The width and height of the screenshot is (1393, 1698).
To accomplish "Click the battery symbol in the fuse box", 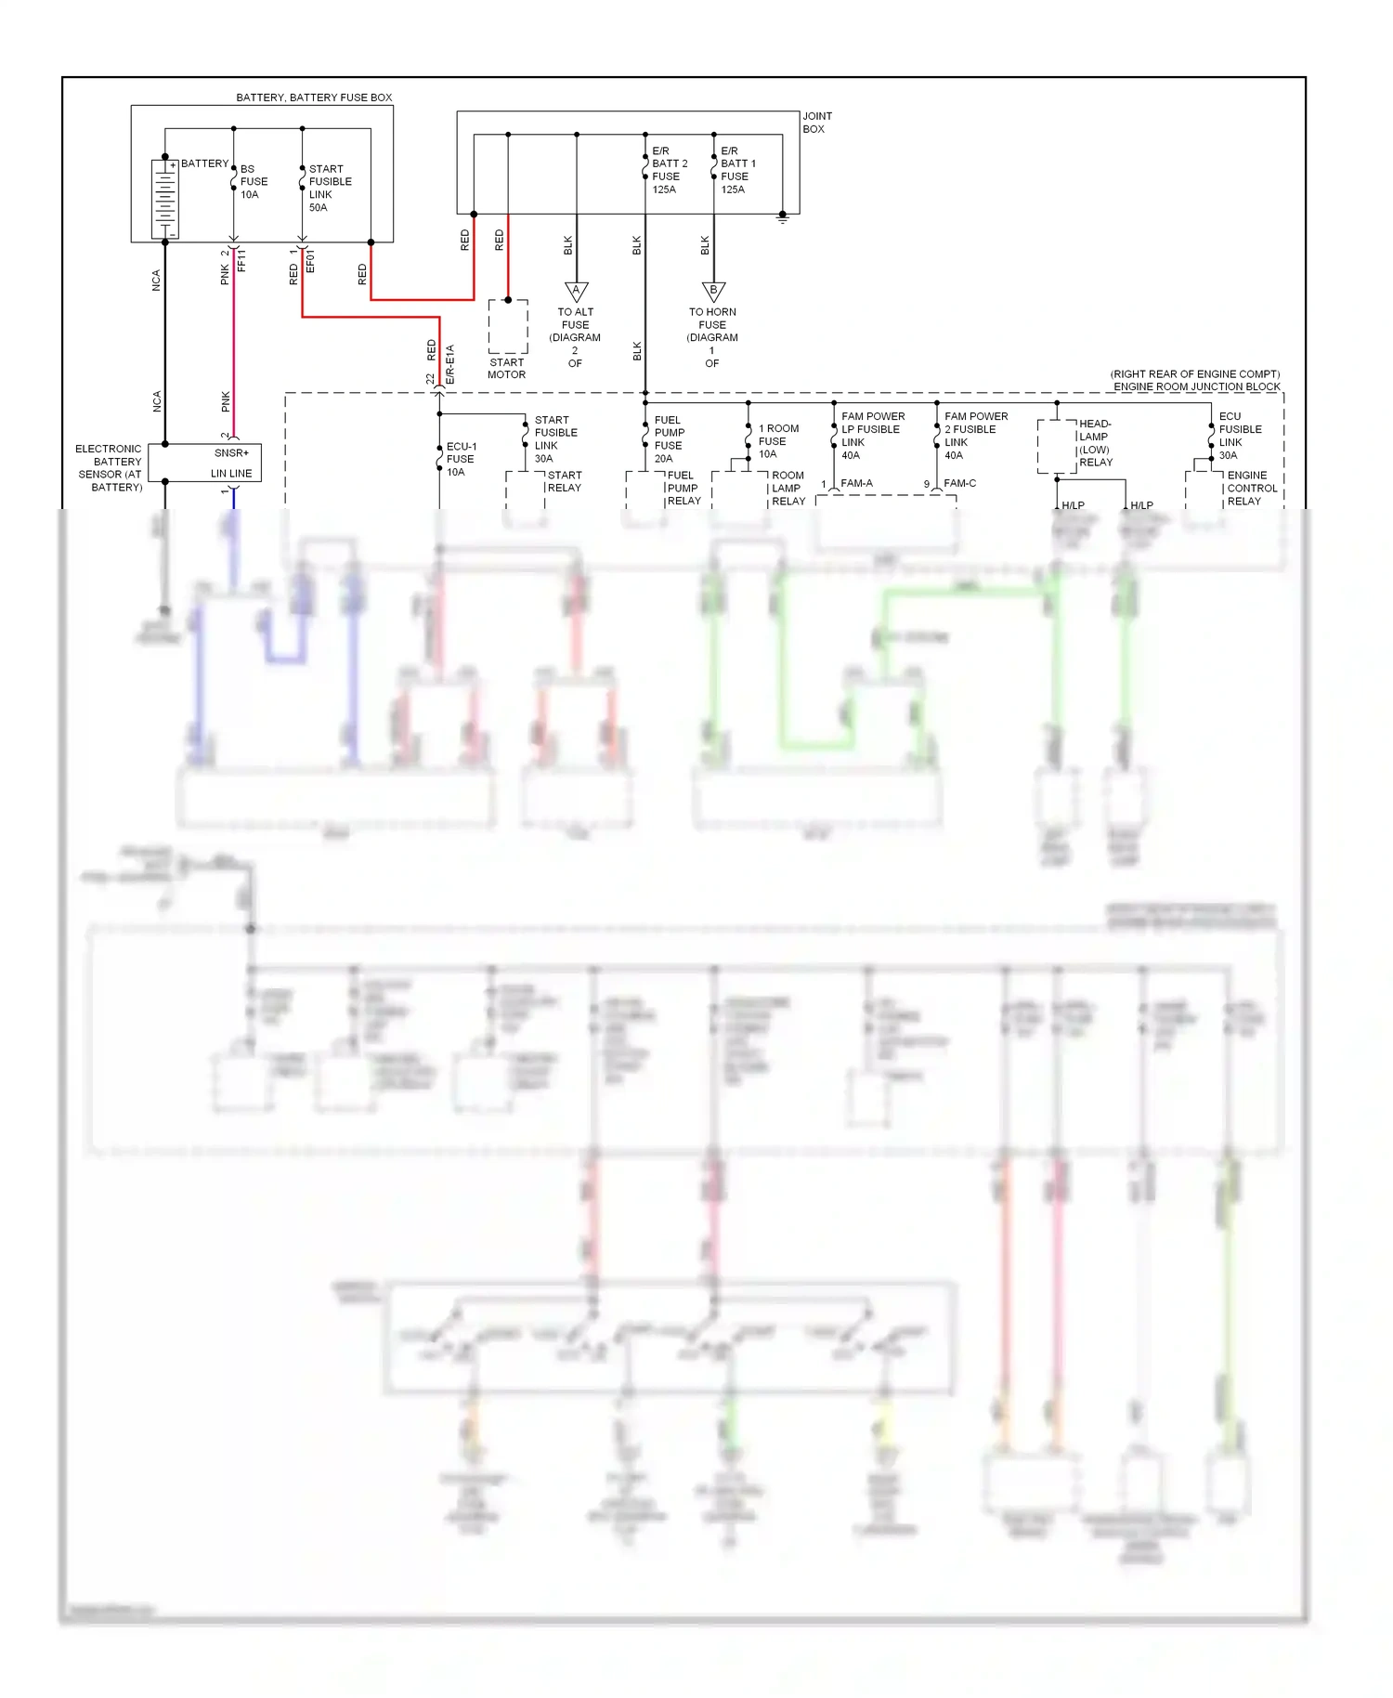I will click(x=164, y=199).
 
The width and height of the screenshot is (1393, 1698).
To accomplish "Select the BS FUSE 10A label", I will click(x=254, y=182).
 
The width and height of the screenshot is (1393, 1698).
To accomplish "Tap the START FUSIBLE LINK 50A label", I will click(x=330, y=189).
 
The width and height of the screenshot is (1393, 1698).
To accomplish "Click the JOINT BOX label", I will click(x=817, y=123).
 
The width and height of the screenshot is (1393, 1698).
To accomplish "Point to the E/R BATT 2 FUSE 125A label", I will click(x=669, y=170).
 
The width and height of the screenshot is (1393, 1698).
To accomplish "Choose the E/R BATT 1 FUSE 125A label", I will click(x=737, y=170).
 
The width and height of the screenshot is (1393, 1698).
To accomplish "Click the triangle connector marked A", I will click(x=577, y=292).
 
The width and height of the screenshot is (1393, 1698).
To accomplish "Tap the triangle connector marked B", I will click(x=713, y=292).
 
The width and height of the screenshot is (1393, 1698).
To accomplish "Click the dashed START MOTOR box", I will click(x=508, y=326).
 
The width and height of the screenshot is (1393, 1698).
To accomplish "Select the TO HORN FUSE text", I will click(x=712, y=319).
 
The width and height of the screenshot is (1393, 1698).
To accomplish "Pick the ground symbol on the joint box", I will click(x=783, y=218).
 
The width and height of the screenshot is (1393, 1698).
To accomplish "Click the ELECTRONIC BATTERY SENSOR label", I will click(x=109, y=467).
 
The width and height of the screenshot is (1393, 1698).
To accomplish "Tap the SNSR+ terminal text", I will click(x=231, y=453).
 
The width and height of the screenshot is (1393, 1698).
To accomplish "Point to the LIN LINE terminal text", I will click(x=231, y=474).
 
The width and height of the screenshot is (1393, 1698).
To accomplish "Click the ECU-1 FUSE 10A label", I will click(x=461, y=459).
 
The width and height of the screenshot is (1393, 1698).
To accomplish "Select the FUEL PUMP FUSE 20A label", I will click(x=669, y=439).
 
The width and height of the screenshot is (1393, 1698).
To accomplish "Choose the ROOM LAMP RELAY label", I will click(x=788, y=488).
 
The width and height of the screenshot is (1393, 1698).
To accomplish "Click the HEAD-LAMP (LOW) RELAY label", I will click(x=1095, y=443).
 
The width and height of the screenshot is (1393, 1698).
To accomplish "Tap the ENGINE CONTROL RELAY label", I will click(x=1251, y=488).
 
